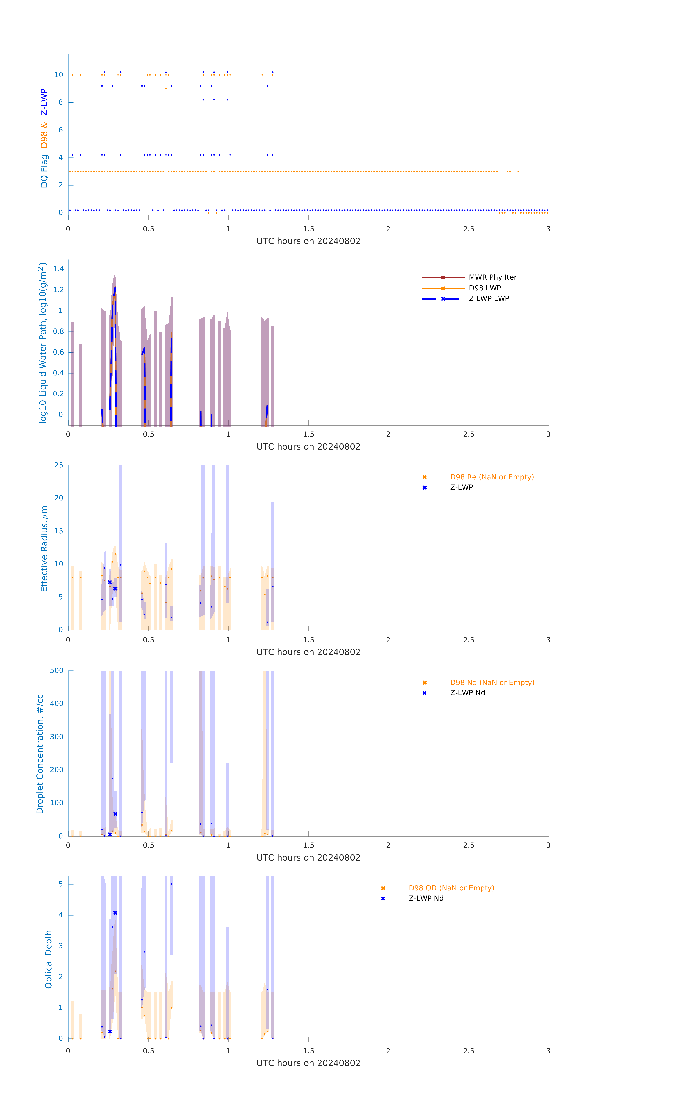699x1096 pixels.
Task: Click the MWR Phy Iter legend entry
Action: click(492, 277)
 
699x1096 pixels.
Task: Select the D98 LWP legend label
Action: click(484, 288)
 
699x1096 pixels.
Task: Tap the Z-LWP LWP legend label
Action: click(489, 299)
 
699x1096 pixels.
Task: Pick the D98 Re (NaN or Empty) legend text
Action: click(492, 477)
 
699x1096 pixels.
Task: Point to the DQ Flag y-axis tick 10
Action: click(59, 75)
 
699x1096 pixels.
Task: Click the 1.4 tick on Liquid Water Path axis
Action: click(58, 269)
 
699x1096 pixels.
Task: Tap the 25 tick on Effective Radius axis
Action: click(59, 465)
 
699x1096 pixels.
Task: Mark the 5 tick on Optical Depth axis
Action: click(60, 884)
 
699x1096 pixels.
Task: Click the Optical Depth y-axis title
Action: click(48, 959)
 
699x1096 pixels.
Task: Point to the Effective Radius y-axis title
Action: click(44, 548)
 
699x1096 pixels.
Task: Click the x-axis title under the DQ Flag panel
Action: click(308, 241)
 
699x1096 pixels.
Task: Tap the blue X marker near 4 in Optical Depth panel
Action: click(115, 913)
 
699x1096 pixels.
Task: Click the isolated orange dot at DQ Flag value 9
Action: click(166, 89)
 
